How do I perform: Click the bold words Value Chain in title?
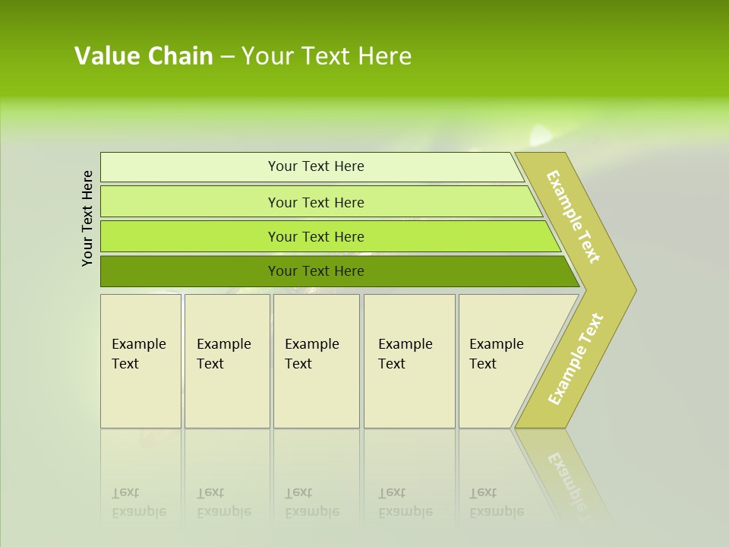point(144,56)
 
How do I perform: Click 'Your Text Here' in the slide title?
point(327,56)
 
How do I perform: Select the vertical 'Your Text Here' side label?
point(88,218)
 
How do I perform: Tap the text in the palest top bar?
point(316,166)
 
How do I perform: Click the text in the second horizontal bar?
point(316,202)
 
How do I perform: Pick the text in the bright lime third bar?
point(316,236)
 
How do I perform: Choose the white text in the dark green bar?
point(316,271)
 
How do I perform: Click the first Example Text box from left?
point(140,360)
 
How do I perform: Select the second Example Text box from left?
point(226,360)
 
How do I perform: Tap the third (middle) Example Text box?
point(315,360)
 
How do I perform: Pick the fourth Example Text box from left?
point(409,360)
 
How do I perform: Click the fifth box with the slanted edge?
point(501,360)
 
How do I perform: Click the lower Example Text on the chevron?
point(576,359)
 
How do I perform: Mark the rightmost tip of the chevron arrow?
point(635,289)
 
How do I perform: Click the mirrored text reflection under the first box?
point(138,502)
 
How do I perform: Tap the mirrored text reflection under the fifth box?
point(496,502)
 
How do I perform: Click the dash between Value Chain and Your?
point(227,57)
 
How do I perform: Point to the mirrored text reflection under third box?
point(311,502)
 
